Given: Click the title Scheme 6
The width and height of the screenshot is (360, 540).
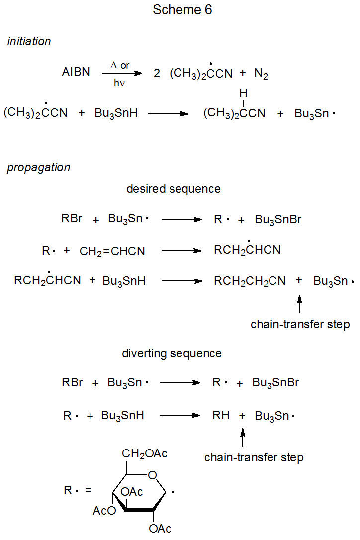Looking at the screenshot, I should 182,10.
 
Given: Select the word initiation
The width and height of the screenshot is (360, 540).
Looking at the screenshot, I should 29,42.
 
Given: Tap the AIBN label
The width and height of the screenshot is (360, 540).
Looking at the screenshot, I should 76,72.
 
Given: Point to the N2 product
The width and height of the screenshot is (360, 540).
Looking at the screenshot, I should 261,73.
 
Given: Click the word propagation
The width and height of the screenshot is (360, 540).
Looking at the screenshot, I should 38,168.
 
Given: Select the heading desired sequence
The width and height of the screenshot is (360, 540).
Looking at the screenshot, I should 174,189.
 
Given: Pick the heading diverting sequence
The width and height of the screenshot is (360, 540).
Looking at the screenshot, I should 172,354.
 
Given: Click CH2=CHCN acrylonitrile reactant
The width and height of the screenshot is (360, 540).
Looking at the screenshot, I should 112,251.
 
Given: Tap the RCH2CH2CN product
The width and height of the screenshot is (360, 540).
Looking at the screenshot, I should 250,281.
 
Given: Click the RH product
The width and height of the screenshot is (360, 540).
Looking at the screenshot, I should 221,416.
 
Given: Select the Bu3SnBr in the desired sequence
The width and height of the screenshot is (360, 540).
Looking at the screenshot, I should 278,220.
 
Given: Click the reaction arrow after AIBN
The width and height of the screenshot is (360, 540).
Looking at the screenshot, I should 122,73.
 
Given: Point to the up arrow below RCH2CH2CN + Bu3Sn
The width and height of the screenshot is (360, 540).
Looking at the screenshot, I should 299,304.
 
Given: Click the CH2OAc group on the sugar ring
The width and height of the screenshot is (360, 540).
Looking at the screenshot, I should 145,453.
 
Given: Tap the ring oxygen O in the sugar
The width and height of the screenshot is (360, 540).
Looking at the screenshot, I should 152,476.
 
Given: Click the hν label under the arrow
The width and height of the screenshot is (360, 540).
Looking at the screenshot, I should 119,83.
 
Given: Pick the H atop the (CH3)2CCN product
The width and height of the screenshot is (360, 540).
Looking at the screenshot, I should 243,93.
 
